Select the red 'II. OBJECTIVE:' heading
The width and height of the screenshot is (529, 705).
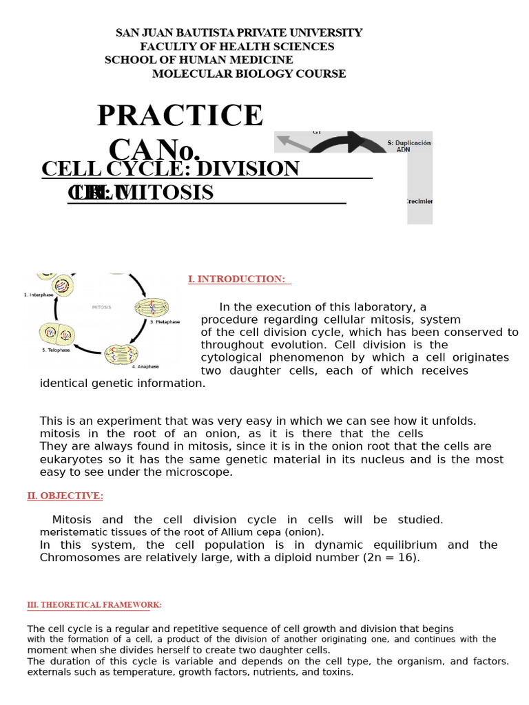(x=65, y=496)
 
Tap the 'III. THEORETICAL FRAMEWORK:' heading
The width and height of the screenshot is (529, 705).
(x=94, y=604)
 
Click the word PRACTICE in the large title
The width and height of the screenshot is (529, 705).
(x=180, y=116)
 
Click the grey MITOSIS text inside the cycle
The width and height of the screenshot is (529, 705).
(x=101, y=307)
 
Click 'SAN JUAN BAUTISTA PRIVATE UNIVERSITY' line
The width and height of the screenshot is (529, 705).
(x=238, y=33)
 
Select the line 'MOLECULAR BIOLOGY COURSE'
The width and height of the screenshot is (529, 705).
(x=249, y=74)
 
